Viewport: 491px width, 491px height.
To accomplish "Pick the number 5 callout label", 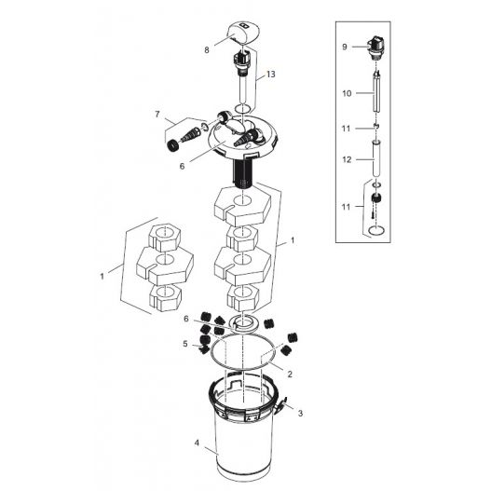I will [184, 344].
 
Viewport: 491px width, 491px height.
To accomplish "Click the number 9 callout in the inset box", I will [344, 46].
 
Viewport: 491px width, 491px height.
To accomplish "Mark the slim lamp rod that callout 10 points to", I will [376, 95].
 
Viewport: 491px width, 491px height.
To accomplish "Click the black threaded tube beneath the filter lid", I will [245, 174].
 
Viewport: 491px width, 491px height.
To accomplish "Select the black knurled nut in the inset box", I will [377, 199].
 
